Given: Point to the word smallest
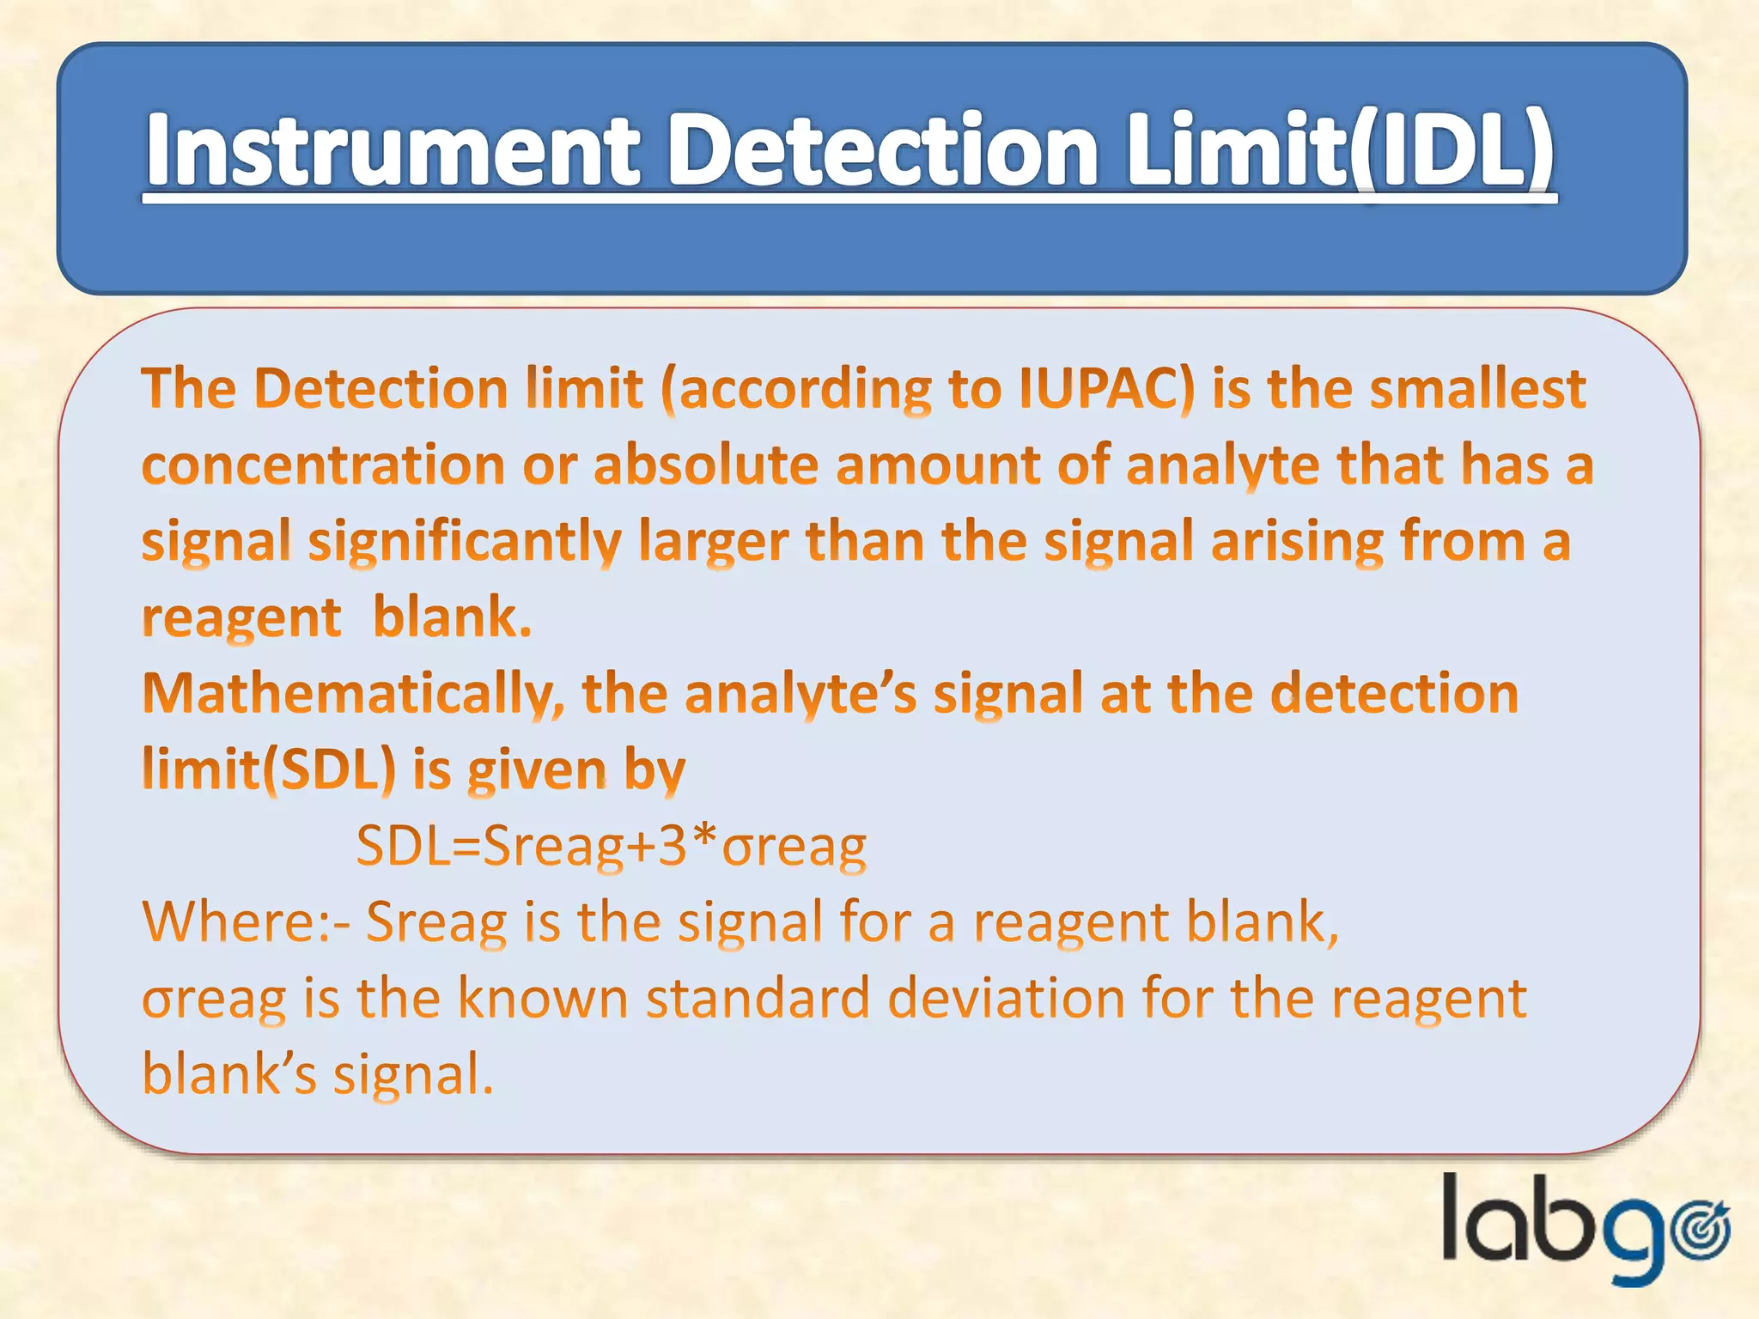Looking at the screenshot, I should (x=1477, y=389).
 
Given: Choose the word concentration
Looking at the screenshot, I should (x=323, y=465).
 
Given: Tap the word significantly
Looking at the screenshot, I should (x=464, y=543).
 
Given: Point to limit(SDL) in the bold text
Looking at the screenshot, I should (x=269, y=769).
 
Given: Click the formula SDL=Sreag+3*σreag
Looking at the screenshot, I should (x=611, y=846).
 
